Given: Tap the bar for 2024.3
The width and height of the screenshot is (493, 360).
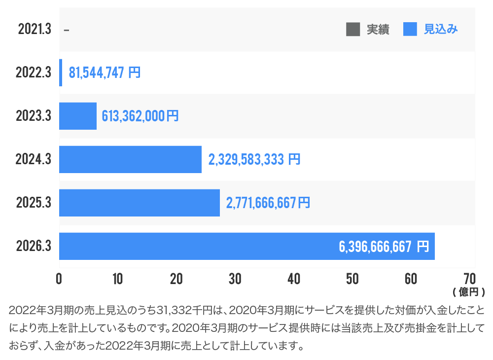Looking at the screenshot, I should click(x=130, y=159).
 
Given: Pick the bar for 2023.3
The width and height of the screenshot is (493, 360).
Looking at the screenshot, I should click(x=78, y=116).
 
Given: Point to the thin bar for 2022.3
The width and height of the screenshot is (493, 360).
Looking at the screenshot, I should click(x=61, y=72).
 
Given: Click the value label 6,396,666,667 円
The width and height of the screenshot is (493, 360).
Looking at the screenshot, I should click(x=384, y=247).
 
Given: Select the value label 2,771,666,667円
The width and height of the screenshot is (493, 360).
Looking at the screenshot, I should click(x=268, y=203).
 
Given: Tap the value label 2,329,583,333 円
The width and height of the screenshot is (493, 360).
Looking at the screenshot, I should click(x=254, y=159).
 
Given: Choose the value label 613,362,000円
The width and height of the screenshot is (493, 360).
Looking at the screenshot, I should click(x=140, y=116).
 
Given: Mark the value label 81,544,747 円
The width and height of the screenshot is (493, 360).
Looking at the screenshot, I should click(x=105, y=72).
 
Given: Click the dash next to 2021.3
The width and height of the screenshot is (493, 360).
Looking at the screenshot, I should click(x=67, y=30).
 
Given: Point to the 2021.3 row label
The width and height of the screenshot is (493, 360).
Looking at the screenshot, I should click(x=35, y=30).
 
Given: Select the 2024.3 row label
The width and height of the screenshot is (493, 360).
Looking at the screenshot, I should click(x=34, y=159).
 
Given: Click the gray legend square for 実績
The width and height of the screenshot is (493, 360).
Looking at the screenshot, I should click(x=353, y=29).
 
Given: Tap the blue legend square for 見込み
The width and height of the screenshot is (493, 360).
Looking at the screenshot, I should click(x=410, y=29).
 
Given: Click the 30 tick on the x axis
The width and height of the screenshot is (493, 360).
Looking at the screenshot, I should click(x=235, y=279).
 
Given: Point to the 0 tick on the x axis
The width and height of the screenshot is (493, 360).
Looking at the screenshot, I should click(x=59, y=279).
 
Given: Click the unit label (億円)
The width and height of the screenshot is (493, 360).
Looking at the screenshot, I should click(x=468, y=292).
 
